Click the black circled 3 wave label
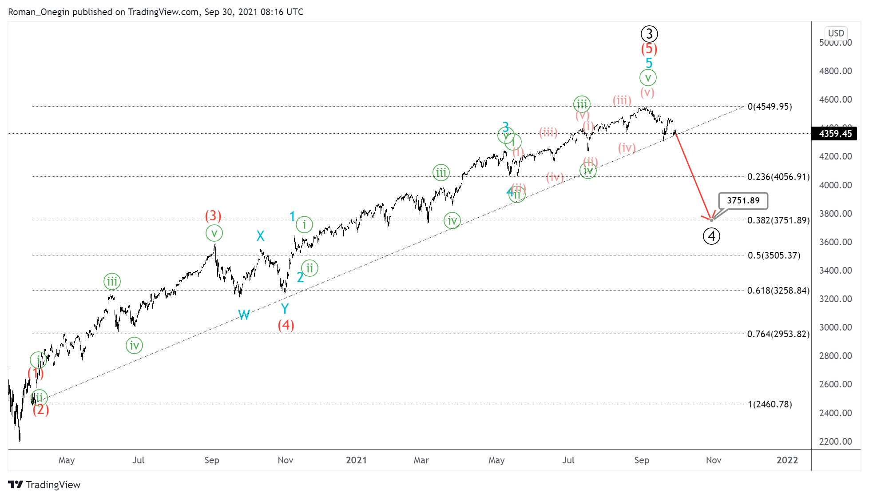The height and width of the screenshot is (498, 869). click(x=649, y=34)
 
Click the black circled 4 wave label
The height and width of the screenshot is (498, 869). click(x=711, y=236)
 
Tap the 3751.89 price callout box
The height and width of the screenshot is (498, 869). click(x=743, y=201)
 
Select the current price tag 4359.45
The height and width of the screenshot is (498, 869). click(x=835, y=134)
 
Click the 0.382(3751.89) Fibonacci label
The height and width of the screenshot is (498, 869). click(x=778, y=220)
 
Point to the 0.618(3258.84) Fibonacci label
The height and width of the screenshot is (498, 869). click(x=778, y=291)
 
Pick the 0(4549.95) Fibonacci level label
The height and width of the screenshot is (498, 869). click(x=770, y=107)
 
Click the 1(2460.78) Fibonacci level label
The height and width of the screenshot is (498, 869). click(x=770, y=404)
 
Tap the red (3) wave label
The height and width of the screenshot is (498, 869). click(x=213, y=216)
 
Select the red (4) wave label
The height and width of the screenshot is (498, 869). click(x=286, y=325)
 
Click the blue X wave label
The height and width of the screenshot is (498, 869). click(x=261, y=236)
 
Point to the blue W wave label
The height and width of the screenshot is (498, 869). click(x=244, y=315)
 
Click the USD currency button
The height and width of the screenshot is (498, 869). click(x=836, y=33)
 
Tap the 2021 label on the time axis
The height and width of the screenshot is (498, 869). click(x=356, y=460)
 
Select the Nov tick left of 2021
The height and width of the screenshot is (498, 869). click(x=285, y=460)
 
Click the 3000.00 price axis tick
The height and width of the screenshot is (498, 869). click(x=835, y=327)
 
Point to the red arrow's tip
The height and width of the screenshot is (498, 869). click(x=711, y=220)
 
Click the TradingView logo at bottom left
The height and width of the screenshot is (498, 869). click(x=44, y=485)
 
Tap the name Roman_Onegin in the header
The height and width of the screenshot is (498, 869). click(x=39, y=12)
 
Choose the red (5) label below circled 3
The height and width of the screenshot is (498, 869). click(x=649, y=49)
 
